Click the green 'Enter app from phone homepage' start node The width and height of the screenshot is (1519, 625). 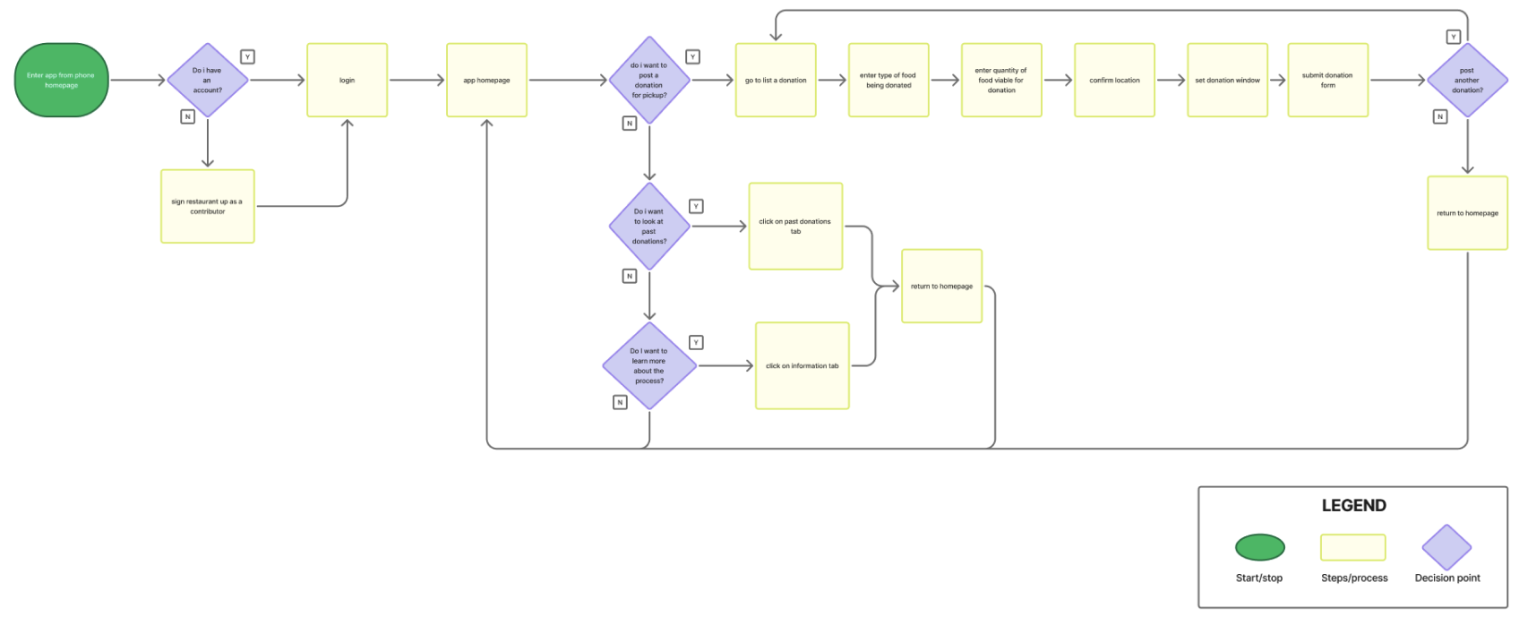click(61, 80)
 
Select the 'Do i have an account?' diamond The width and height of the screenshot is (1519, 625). click(207, 80)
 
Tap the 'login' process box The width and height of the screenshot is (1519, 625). click(347, 80)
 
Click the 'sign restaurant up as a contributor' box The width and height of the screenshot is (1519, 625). click(207, 206)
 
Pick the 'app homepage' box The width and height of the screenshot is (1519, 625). click(486, 80)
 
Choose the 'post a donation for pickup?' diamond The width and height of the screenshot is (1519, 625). click(649, 80)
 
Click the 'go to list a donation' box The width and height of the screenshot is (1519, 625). click(776, 80)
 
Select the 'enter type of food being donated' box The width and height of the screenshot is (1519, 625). click(888, 80)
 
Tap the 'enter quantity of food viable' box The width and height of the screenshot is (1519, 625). click(1000, 80)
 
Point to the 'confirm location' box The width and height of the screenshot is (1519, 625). click(1114, 80)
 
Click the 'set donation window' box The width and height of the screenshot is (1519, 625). click(1227, 80)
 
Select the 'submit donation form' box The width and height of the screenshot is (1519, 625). click(1327, 80)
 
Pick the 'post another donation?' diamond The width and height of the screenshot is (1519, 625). click(1467, 80)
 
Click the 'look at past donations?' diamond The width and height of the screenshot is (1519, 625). click(649, 227)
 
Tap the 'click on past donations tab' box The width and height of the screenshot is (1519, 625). click(795, 226)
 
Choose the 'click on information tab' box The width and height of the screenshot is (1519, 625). click(802, 365)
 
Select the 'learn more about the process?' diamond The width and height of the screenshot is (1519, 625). click(649, 365)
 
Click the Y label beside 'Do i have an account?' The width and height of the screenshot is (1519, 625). click(247, 56)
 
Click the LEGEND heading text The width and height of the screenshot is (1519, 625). click(1353, 505)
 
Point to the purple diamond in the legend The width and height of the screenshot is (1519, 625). click(1446, 547)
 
